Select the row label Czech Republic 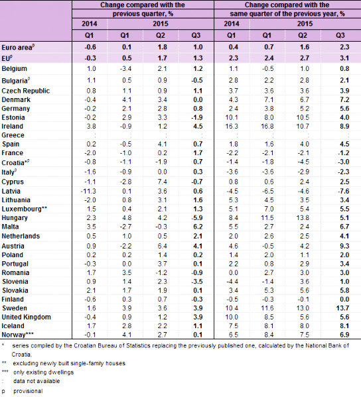[x=23, y=89]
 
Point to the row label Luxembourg [x=21, y=208]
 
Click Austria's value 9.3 [x=344, y=244]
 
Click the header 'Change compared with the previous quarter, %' [x=140, y=8]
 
